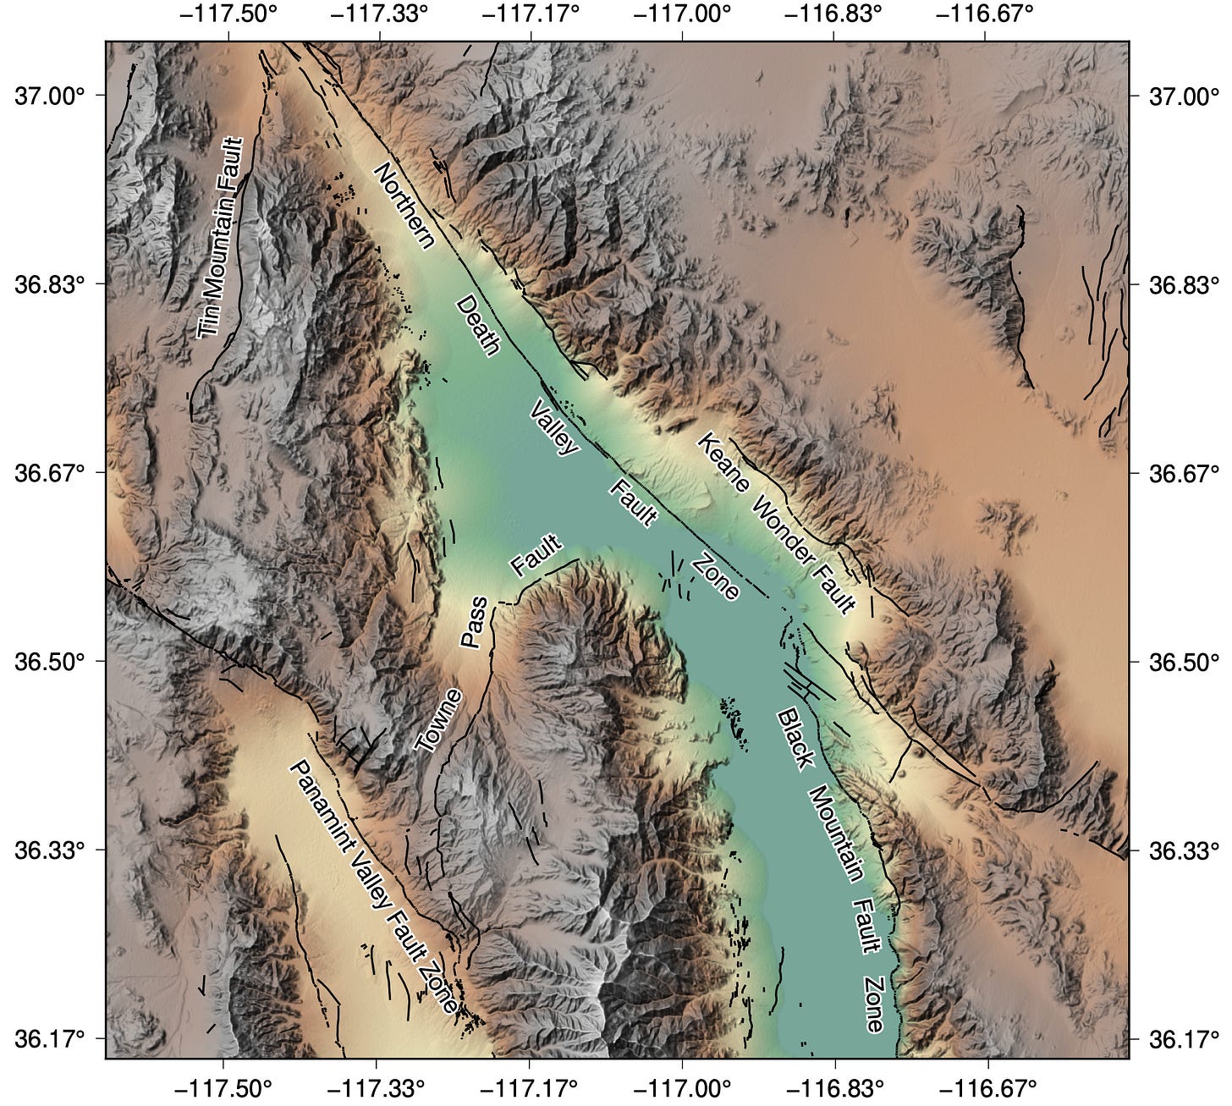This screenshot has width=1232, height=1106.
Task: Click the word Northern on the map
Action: coord(404,206)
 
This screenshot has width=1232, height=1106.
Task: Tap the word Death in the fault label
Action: coord(478,326)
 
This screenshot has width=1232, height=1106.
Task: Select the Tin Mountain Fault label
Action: coord(221,238)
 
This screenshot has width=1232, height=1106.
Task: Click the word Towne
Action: coord(440,720)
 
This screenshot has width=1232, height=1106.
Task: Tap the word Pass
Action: coord(475,622)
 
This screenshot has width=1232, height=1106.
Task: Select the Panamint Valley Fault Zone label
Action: coord(373,888)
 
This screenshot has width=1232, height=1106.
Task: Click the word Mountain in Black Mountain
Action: coord(835,834)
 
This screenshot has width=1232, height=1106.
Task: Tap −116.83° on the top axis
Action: coord(833,14)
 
